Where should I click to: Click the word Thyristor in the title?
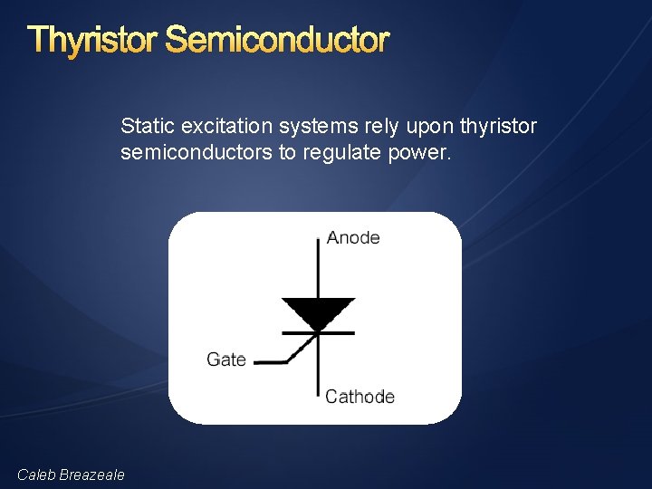92,40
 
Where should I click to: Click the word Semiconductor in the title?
277,40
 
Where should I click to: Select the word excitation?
218,126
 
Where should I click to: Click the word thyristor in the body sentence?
498,126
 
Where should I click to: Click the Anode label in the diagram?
353,238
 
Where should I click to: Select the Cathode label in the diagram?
360,397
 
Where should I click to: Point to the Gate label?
226,360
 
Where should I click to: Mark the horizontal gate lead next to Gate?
269,361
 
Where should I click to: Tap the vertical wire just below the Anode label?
318,267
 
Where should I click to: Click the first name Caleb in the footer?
37,475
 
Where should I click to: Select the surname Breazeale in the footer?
92,475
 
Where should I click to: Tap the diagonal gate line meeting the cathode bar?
302,349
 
